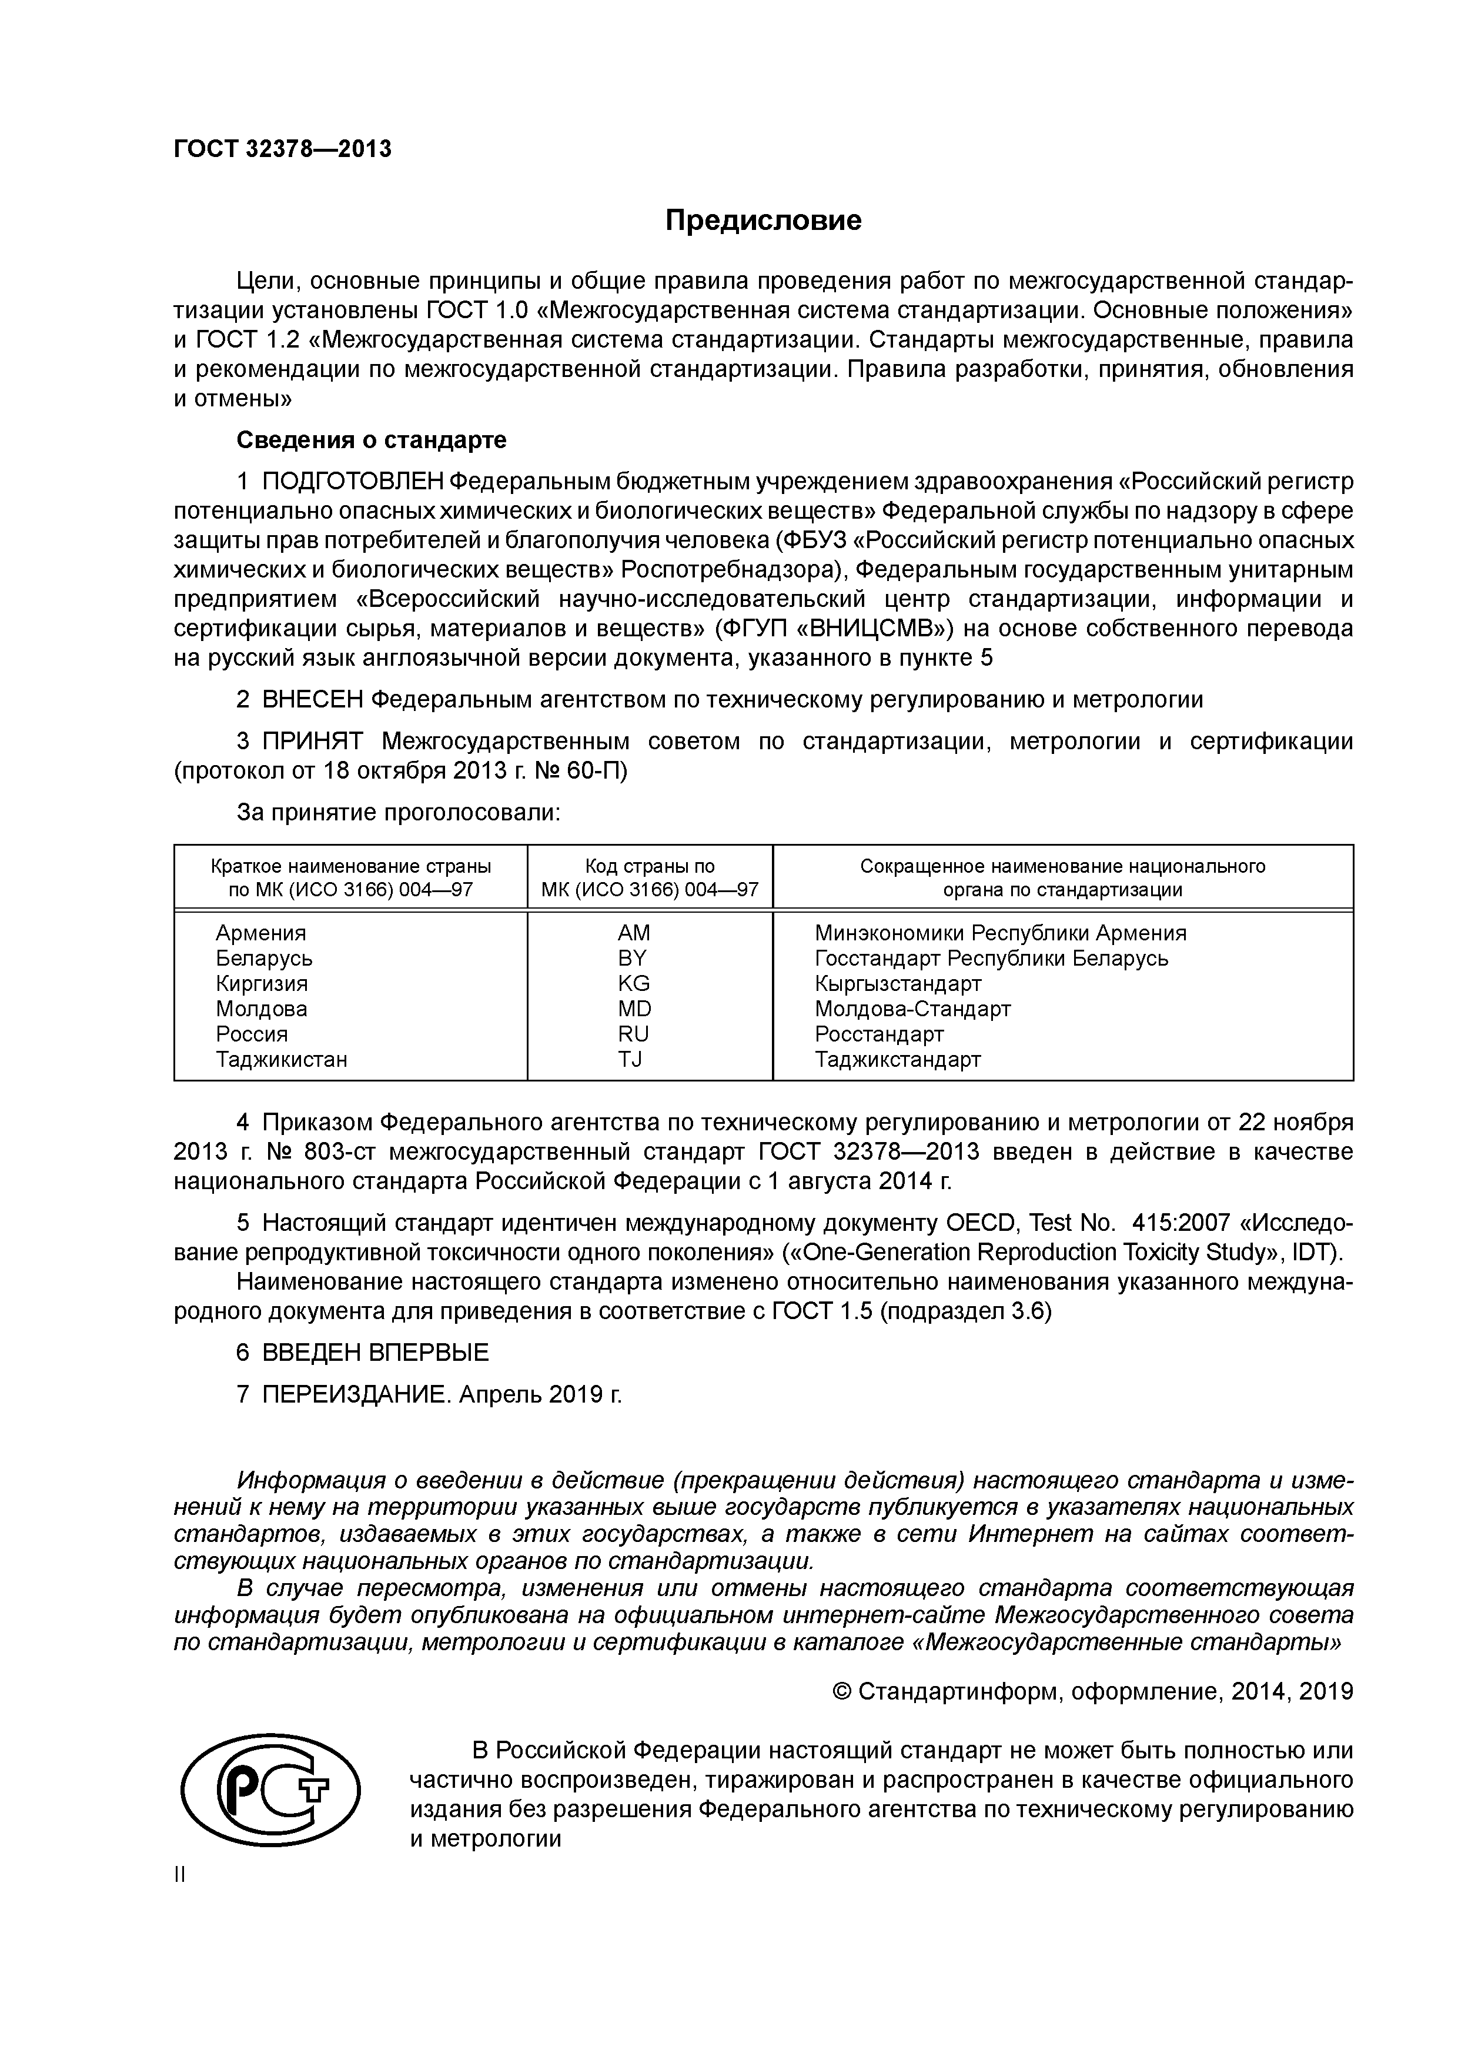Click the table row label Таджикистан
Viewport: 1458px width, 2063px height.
tap(281, 1059)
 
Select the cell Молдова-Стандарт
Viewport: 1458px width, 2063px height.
tap(912, 1009)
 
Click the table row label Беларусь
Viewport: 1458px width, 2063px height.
tap(264, 958)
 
